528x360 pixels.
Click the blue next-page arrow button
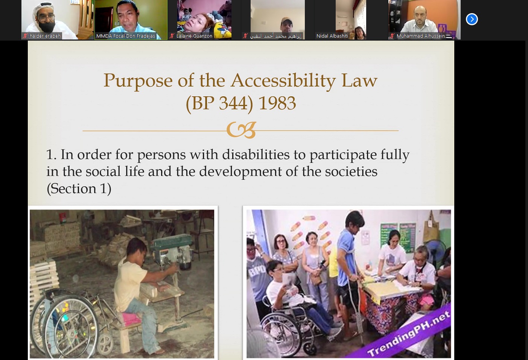[x=472, y=19]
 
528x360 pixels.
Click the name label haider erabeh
[x=45, y=36]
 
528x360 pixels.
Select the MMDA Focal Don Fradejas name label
[x=126, y=36]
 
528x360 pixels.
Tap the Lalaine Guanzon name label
[x=194, y=36]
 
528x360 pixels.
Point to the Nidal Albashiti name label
[x=332, y=36]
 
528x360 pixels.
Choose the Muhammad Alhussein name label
[x=420, y=36]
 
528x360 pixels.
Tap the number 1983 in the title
[x=277, y=103]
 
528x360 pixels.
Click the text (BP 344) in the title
[x=219, y=104]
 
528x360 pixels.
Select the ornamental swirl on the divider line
[x=241, y=130]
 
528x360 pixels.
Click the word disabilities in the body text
[x=256, y=155]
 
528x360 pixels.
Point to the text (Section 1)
[x=79, y=189]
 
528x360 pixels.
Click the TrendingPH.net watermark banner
[x=409, y=332]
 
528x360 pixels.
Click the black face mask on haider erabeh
[x=46, y=27]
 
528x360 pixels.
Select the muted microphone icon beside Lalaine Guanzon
[x=172, y=36]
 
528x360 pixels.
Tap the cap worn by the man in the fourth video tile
[x=286, y=20]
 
